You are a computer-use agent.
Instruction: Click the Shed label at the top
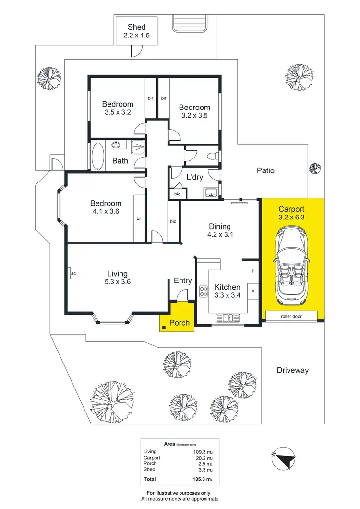136,27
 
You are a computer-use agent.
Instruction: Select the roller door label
292,316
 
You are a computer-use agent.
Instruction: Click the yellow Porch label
180,322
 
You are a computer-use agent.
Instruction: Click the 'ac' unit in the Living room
73,273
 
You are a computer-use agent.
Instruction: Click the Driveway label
292,370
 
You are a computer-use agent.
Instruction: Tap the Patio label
265,170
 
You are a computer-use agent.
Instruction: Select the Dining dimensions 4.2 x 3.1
220,235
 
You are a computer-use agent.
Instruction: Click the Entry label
183,281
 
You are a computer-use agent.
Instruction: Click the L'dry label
194,177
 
